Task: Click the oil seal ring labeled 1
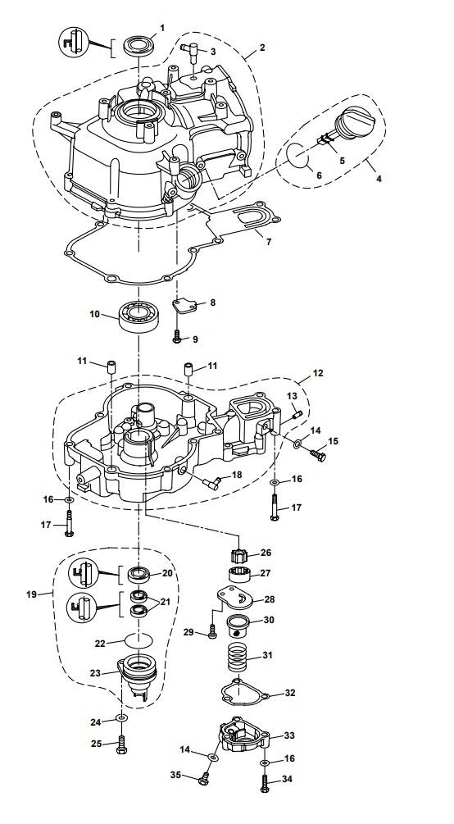[138, 44]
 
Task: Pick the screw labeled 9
[177, 337]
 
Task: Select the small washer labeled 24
[122, 718]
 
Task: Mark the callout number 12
[318, 373]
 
